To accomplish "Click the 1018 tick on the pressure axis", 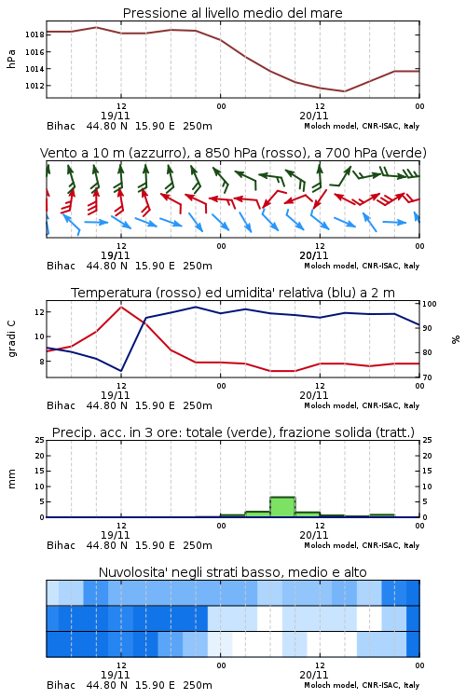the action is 34,34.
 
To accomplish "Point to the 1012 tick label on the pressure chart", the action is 34,86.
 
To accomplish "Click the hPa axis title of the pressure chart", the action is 11,59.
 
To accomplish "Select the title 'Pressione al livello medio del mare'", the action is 232,13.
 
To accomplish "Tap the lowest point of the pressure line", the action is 344,91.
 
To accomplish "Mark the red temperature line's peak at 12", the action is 121,307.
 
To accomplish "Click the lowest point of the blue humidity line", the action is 121,371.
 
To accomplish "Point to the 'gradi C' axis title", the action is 11,338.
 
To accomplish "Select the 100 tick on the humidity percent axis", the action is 430,304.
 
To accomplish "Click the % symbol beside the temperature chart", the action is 456,339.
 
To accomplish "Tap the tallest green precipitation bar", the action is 282,507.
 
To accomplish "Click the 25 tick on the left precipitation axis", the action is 40,440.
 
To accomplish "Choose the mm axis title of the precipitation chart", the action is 11,479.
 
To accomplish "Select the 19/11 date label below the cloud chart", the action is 115,675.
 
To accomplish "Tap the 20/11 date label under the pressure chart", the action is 313,116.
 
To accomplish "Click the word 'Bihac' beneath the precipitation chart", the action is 62,545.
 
